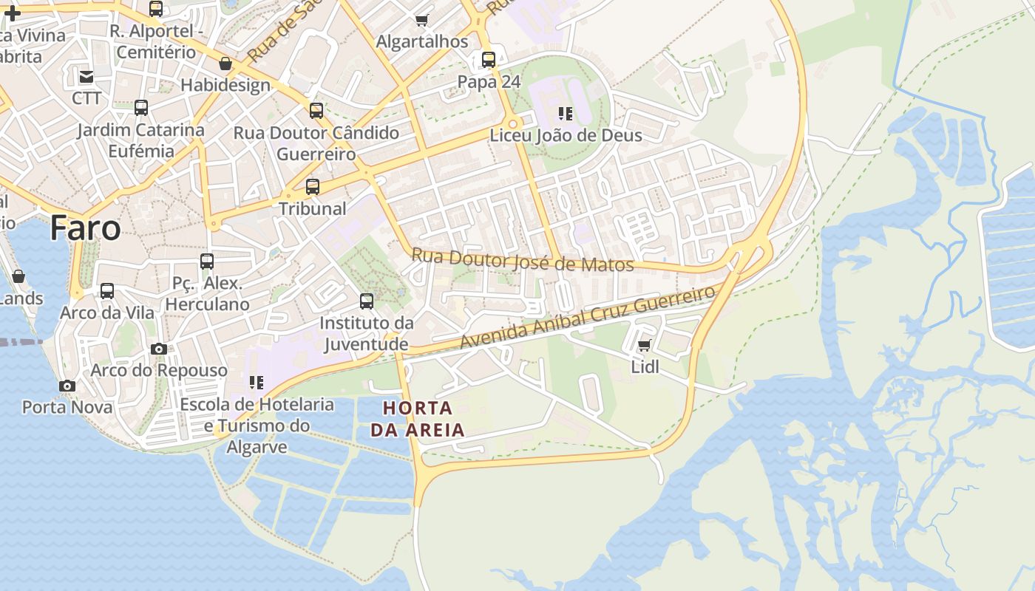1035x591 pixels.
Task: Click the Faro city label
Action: click(x=85, y=228)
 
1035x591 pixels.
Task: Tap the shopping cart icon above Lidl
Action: click(x=644, y=345)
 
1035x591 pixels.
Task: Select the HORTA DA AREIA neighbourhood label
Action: click(x=418, y=419)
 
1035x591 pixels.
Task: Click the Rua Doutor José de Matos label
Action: click(x=523, y=260)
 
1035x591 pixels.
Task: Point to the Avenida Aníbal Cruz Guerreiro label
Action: click(x=588, y=318)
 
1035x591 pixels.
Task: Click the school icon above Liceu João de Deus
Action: click(x=566, y=114)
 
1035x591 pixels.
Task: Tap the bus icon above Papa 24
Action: click(x=489, y=60)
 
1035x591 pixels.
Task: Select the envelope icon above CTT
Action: click(x=86, y=76)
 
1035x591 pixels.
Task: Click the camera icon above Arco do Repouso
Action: click(x=159, y=349)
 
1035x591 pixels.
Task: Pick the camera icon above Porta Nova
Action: click(x=67, y=386)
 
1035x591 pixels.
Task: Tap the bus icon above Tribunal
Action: click(x=313, y=187)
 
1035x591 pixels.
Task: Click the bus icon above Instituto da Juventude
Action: click(x=367, y=301)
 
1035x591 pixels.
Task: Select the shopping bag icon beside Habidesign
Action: click(x=225, y=64)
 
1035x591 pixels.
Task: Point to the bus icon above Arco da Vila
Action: click(x=107, y=291)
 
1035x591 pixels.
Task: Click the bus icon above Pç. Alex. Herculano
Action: click(x=207, y=262)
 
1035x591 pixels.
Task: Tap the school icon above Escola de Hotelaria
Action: click(x=257, y=383)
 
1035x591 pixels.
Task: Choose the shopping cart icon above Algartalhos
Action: click(x=421, y=20)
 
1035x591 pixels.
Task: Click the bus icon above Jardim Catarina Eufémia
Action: click(x=141, y=108)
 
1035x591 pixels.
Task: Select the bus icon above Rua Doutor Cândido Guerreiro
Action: click(x=316, y=111)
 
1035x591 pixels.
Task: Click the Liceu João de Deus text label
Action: click(x=566, y=136)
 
